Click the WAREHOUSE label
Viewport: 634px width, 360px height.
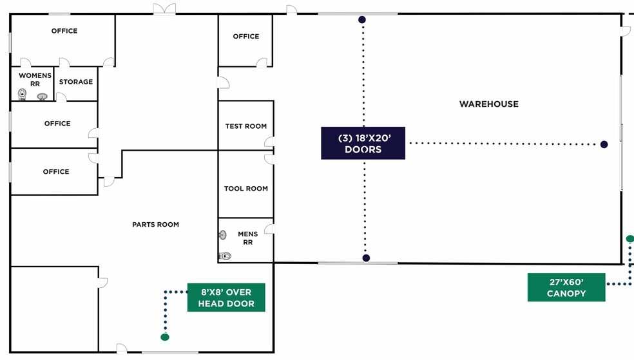pyautogui.click(x=489, y=104)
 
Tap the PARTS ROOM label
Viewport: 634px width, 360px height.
pyautogui.click(x=156, y=225)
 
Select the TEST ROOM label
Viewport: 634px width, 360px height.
pyautogui.click(x=246, y=126)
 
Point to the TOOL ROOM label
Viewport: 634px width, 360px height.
pyautogui.click(x=246, y=189)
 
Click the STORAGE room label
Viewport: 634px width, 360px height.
pyautogui.click(x=76, y=82)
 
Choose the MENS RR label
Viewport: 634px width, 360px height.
pyautogui.click(x=248, y=238)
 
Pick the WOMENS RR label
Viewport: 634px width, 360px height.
pyautogui.click(x=35, y=80)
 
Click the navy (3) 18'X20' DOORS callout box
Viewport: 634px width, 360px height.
pyautogui.click(x=363, y=144)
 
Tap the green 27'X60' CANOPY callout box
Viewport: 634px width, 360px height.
pyautogui.click(x=566, y=287)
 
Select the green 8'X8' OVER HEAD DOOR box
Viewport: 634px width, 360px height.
pyautogui.click(x=226, y=298)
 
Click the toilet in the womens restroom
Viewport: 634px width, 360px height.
pyautogui.click(x=23, y=95)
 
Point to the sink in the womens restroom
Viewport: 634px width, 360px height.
pyautogui.click(x=42, y=97)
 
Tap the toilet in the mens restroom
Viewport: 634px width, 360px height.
pyautogui.click(x=225, y=256)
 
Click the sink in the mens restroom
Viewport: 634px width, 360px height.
pyautogui.click(x=222, y=235)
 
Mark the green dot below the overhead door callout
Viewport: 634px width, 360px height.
pyautogui.click(x=164, y=337)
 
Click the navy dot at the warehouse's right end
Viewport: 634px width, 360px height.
pyautogui.click(x=604, y=144)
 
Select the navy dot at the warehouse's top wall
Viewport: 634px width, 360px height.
pyautogui.click(x=362, y=19)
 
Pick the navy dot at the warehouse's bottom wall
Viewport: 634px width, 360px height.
pyautogui.click(x=366, y=258)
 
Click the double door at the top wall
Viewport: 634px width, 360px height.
pyautogui.click(x=164, y=9)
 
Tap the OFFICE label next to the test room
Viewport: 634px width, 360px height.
pyautogui.click(x=246, y=36)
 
